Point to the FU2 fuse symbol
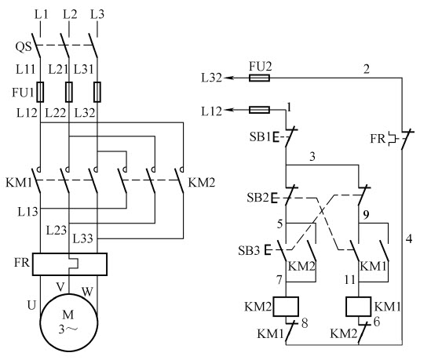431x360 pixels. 259,78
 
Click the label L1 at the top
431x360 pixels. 42,14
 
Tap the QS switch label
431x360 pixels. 24,47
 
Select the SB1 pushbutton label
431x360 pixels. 260,136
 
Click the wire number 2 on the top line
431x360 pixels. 367,69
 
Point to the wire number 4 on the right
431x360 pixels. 409,238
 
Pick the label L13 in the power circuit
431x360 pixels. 27,212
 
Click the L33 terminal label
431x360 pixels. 82,238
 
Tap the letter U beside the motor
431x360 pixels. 31,305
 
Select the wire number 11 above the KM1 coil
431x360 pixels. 350,280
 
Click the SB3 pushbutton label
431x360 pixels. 249,250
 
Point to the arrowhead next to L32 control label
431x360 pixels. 228,78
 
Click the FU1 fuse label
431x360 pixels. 23,93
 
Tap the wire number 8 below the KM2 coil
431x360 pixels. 305,323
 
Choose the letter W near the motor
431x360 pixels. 87,291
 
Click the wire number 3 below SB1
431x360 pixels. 312,157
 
